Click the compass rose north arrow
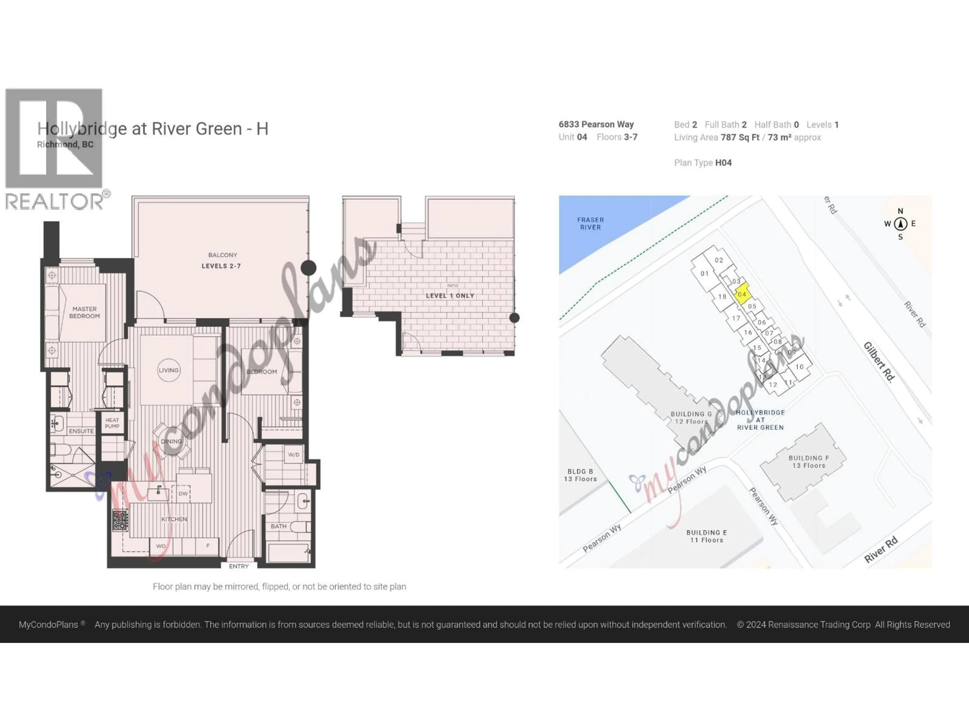(901, 224)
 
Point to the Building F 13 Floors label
(809, 461)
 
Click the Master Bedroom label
(85, 313)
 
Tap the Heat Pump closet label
(112, 423)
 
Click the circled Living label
(169, 370)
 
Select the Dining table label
(171, 441)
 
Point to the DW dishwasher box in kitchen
(183, 494)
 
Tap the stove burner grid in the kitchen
(120, 521)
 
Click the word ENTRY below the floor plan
(239, 566)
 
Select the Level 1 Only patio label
(450, 296)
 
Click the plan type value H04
(723, 163)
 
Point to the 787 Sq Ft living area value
(740, 138)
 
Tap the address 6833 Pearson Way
(596, 124)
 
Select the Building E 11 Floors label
(707, 536)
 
